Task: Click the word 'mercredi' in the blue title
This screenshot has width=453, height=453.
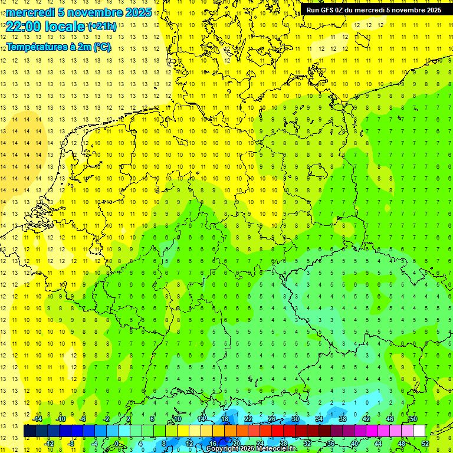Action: tap(29, 12)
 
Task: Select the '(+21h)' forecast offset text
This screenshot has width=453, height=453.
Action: tap(102, 26)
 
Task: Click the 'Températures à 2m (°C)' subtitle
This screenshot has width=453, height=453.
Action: tap(58, 47)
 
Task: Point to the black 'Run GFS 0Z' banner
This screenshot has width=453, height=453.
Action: tap(373, 10)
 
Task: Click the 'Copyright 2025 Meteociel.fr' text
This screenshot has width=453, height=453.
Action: tap(251, 449)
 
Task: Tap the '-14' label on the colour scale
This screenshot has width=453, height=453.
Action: tap(37, 419)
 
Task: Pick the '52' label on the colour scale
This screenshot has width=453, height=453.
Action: tap(425, 444)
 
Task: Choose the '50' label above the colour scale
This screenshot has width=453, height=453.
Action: tap(413, 419)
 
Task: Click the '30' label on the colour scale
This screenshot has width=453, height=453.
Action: tap(296, 419)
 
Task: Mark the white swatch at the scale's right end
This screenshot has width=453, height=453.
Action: tap(419, 431)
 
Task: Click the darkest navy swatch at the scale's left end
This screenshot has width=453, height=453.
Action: tap(29, 431)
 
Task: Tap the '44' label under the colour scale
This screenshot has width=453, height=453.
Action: tap(378, 444)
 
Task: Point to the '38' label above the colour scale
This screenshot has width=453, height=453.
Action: tap(343, 419)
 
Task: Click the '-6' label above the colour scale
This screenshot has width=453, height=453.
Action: tap(84, 419)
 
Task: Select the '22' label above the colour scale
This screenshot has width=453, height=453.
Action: tap(248, 419)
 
